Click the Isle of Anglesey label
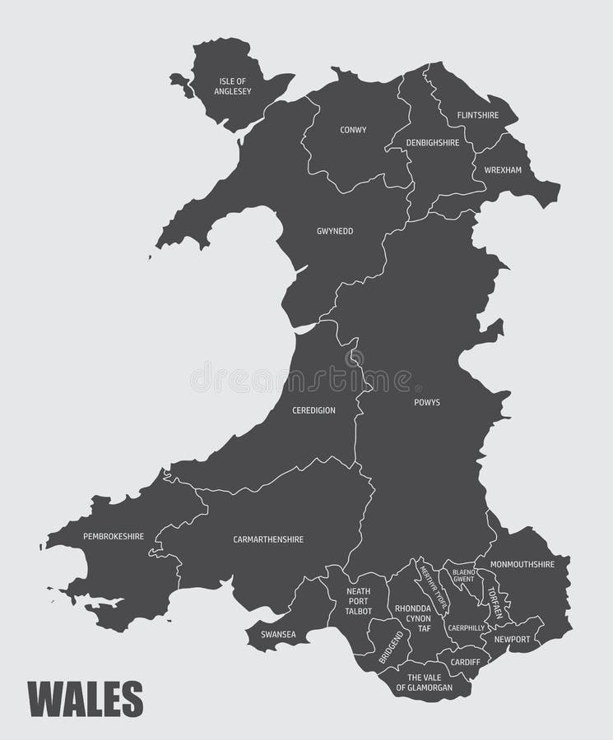[x=233, y=86]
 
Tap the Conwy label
[x=353, y=130]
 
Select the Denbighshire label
[x=433, y=142]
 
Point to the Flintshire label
[x=478, y=115]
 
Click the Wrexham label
[x=503, y=170]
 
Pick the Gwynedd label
[x=335, y=231]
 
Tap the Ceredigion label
[x=313, y=410]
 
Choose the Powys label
[x=426, y=403]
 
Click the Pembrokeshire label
[x=114, y=536]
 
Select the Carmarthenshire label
[x=268, y=539]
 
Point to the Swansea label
[x=278, y=634]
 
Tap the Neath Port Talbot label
[x=358, y=601]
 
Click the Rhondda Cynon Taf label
[x=413, y=617]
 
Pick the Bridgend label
[x=391, y=649]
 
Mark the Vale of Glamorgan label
[x=425, y=682]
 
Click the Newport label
[x=512, y=638]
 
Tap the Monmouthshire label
[x=522, y=565]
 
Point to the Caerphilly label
[x=466, y=627]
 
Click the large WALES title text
[x=86, y=699]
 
